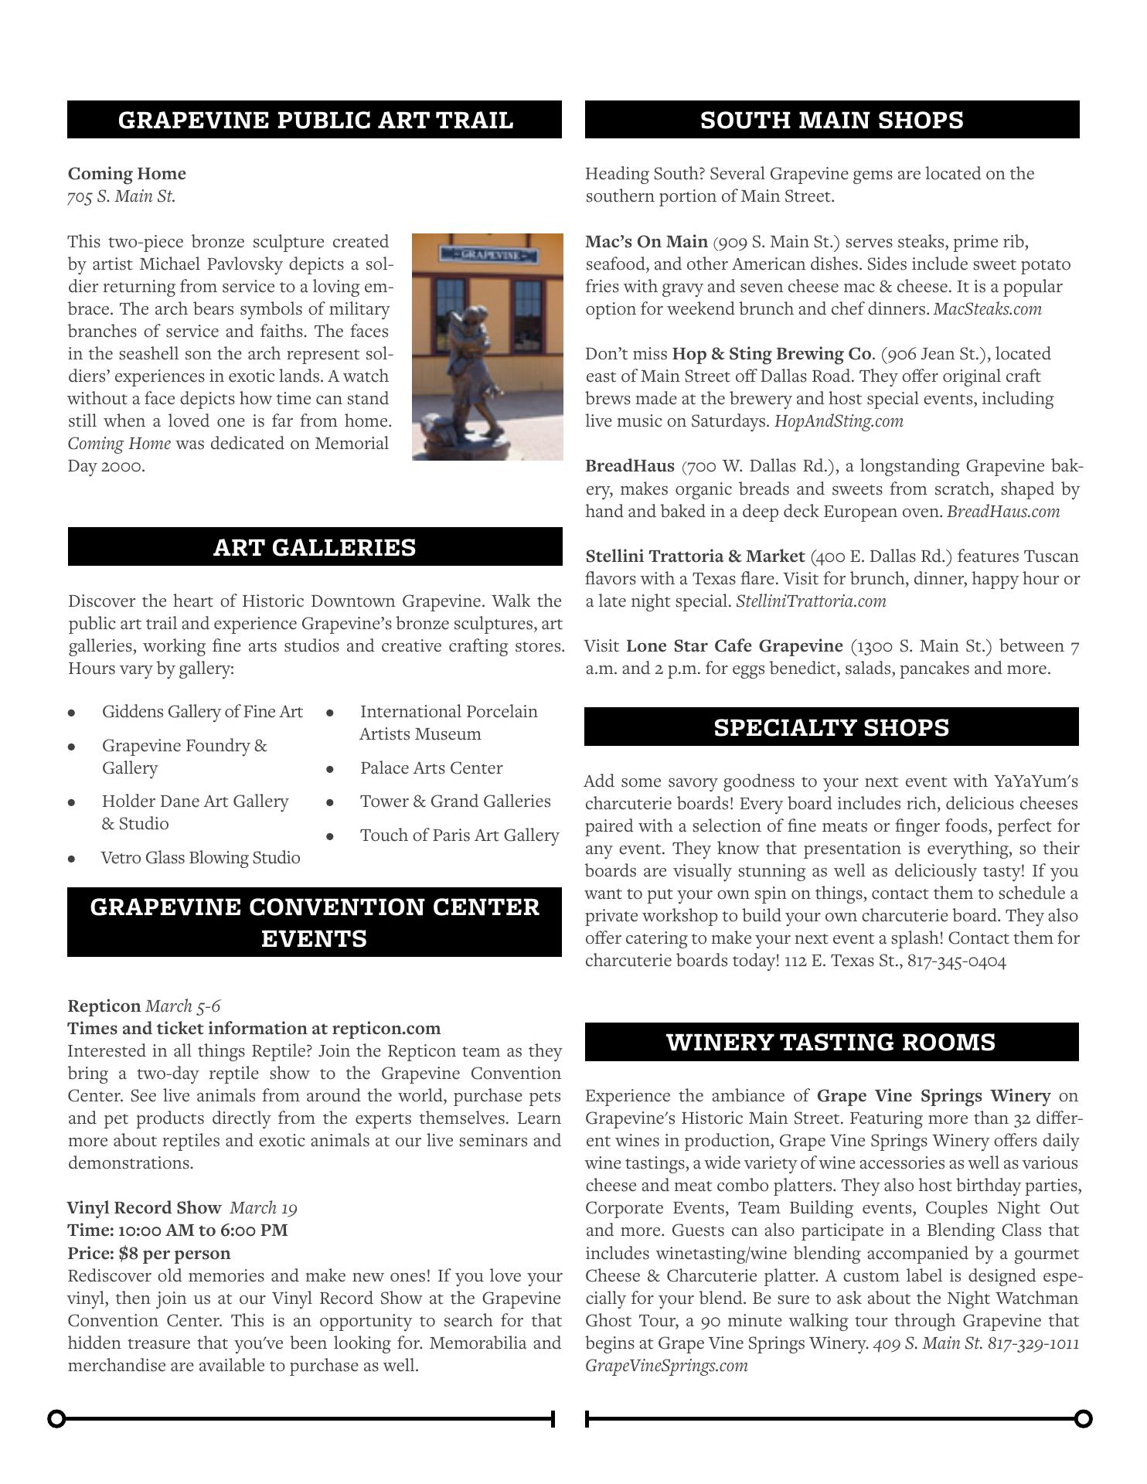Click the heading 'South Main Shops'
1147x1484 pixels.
(x=832, y=121)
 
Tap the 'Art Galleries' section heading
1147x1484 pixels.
(x=315, y=547)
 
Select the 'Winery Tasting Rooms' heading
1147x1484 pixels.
(x=831, y=1042)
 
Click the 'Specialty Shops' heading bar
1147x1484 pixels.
(x=831, y=727)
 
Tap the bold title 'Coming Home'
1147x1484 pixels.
(x=127, y=174)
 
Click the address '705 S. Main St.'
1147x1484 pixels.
(x=121, y=196)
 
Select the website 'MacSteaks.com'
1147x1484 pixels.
(x=987, y=309)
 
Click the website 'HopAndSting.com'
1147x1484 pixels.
(x=839, y=421)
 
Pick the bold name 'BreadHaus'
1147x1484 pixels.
(x=630, y=466)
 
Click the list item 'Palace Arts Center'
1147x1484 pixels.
(x=431, y=768)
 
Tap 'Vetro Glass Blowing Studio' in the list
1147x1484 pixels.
(x=201, y=858)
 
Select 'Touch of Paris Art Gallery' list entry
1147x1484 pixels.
(x=459, y=836)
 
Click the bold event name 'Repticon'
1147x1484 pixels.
(x=104, y=1006)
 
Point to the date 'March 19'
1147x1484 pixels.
(x=264, y=1208)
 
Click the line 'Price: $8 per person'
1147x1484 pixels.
(x=149, y=1253)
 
